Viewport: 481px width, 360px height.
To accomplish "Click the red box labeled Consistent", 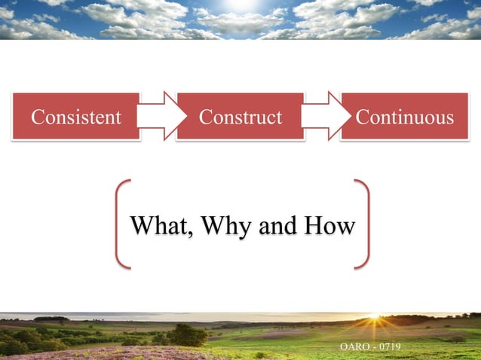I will [x=75, y=117].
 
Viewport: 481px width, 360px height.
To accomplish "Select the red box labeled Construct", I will [x=240, y=117].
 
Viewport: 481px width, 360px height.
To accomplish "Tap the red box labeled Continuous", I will [x=405, y=117].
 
